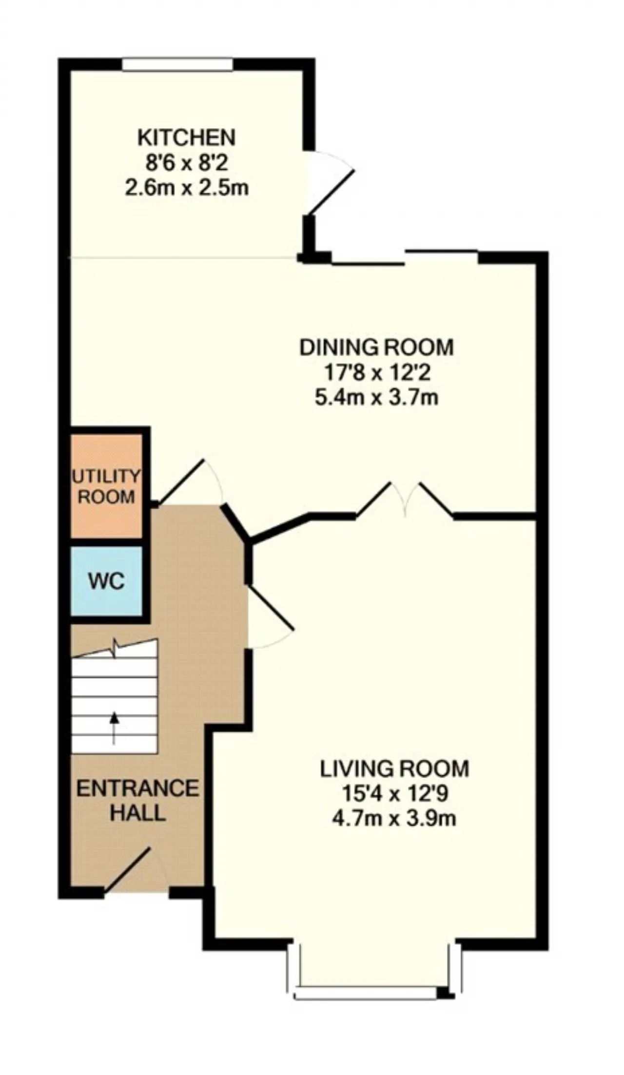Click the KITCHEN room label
186,138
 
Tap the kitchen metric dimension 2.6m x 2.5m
187,188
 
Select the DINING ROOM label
376,347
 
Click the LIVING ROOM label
394,768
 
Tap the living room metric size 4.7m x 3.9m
394,819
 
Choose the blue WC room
107,581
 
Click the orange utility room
107,485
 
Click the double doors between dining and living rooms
405,499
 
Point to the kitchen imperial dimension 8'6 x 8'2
187,163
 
